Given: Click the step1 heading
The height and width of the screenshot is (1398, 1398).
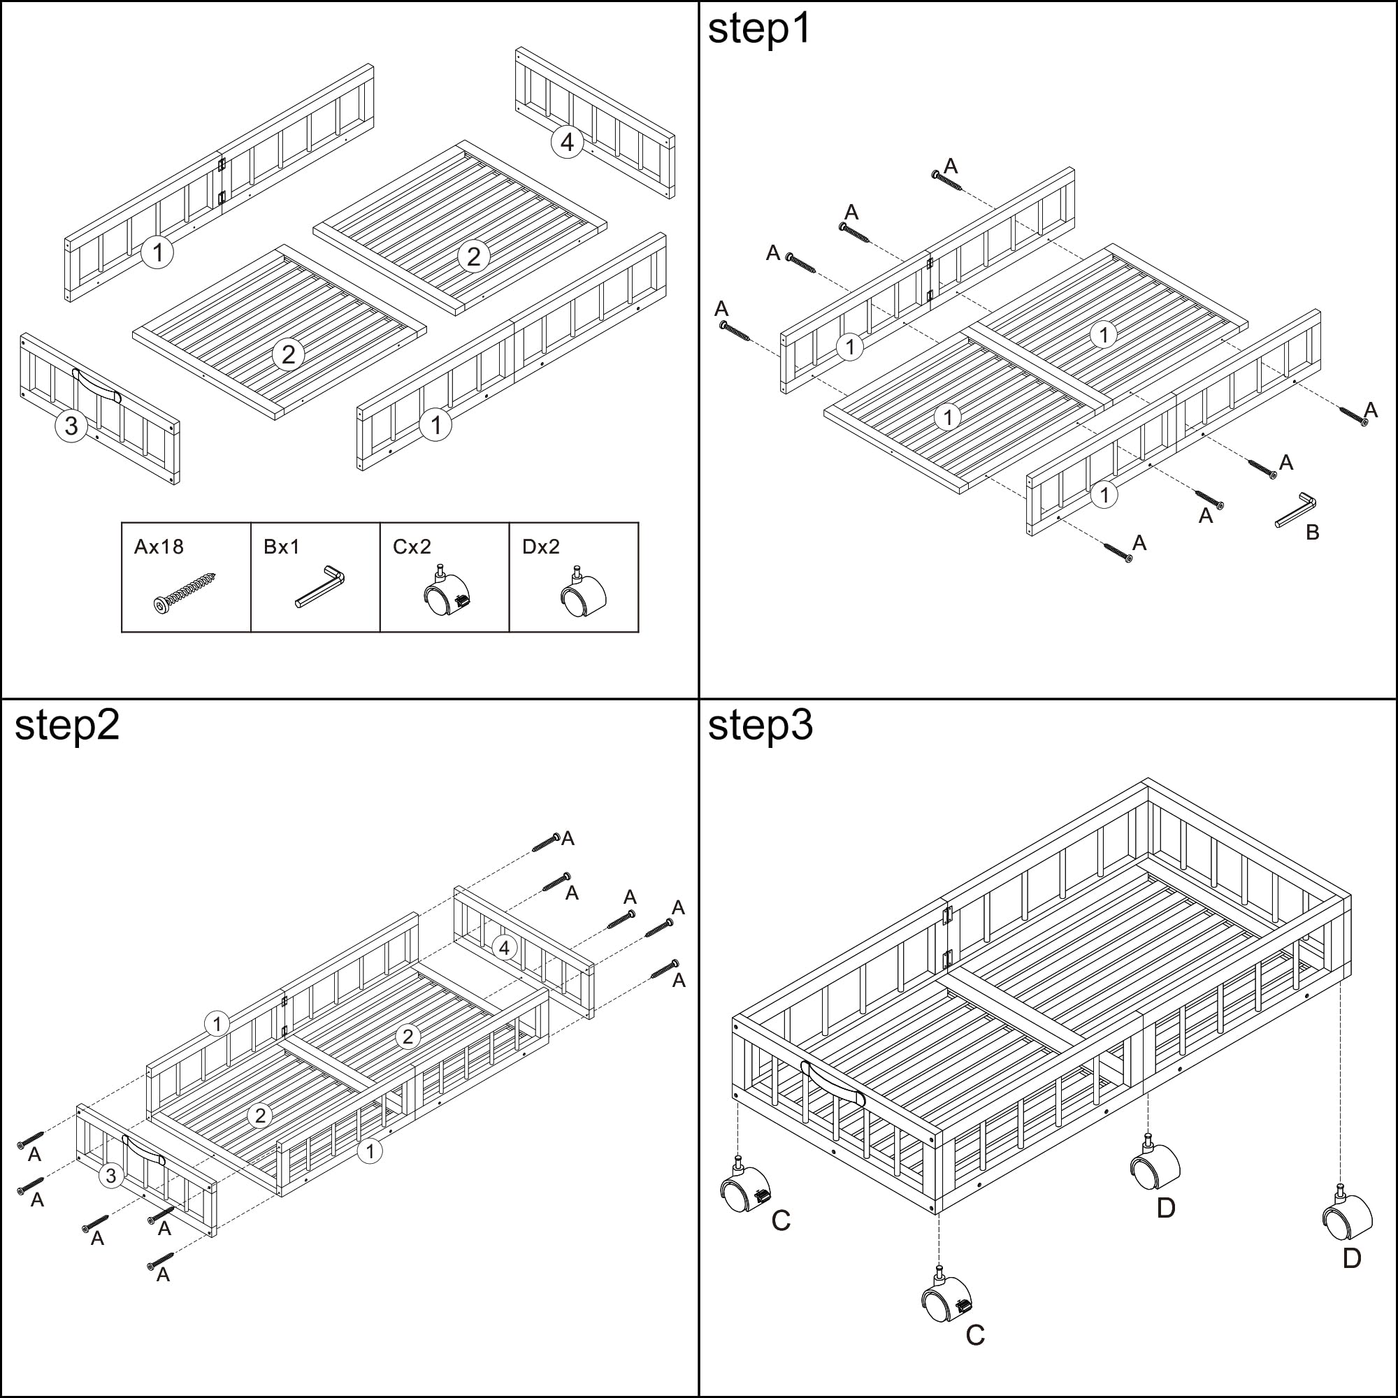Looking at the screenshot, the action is [x=759, y=29].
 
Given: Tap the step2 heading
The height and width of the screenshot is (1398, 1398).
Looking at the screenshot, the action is [x=66, y=726].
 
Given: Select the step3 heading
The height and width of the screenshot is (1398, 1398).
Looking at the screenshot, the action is [x=761, y=726].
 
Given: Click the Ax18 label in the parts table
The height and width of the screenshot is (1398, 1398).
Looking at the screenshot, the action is [x=159, y=547].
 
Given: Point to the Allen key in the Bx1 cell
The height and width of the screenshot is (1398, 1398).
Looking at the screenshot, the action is [x=319, y=587].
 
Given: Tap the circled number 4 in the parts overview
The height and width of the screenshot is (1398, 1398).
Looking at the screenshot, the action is [x=568, y=142].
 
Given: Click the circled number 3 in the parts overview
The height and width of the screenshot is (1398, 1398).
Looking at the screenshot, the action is [x=71, y=426].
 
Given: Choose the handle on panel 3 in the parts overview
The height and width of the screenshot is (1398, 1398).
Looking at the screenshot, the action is [x=96, y=384].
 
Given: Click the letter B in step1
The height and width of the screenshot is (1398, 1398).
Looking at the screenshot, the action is [x=1312, y=533].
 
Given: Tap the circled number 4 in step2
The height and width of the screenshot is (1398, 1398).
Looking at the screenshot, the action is [x=505, y=947].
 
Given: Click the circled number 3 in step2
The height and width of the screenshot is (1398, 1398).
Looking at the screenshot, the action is [x=110, y=1175].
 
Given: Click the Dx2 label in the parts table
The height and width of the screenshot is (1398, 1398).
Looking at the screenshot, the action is [x=540, y=547].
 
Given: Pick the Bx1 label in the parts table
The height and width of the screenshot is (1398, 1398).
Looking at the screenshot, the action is [x=282, y=547].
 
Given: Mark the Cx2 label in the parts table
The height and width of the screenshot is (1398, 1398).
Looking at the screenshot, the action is [x=412, y=547].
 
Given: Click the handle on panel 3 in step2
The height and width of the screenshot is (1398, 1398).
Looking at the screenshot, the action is [x=143, y=1151].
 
